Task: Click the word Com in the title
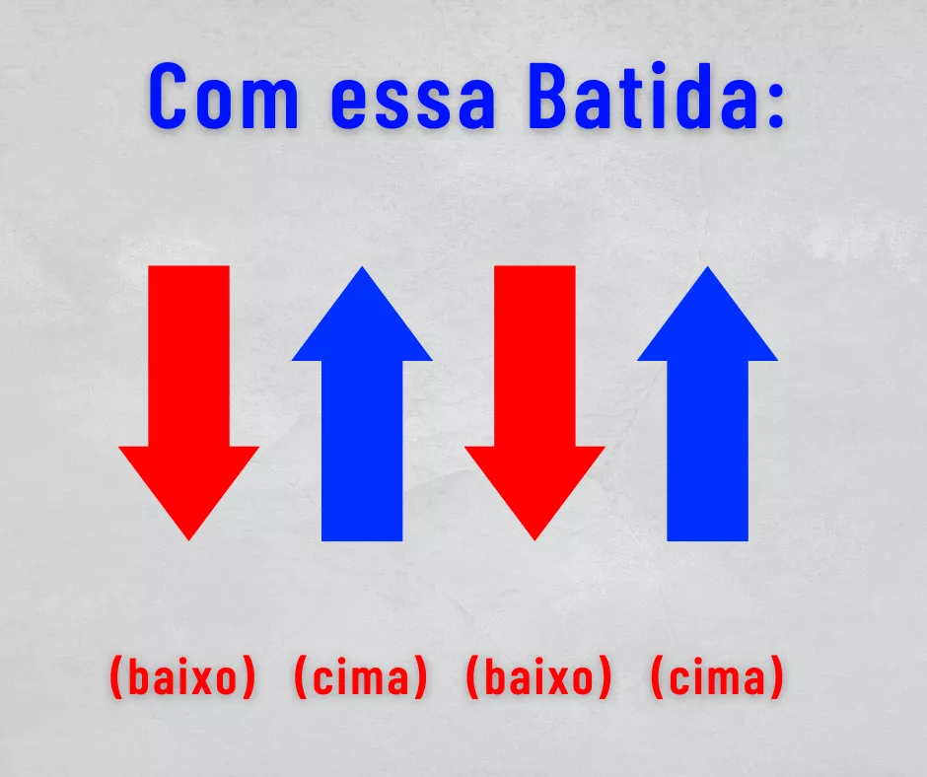point(224,96)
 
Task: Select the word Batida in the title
point(641,96)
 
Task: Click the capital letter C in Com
point(172,96)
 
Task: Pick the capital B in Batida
point(551,96)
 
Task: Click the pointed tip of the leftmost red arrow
point(188,540)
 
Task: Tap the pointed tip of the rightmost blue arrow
point(708,266)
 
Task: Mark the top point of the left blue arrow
point(362,266)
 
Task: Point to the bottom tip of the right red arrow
point(535,540)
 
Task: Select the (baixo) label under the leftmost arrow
point(182,677)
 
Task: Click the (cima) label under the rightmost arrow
point(717,677)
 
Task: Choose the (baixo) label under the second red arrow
point(538,677)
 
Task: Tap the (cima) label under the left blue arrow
point(360,677)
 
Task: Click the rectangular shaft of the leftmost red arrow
point(188,356)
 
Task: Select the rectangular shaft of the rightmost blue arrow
point(708,451)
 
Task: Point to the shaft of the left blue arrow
point(362,451)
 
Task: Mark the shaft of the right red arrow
point(535,356)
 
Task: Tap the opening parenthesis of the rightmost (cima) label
point(657,677)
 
